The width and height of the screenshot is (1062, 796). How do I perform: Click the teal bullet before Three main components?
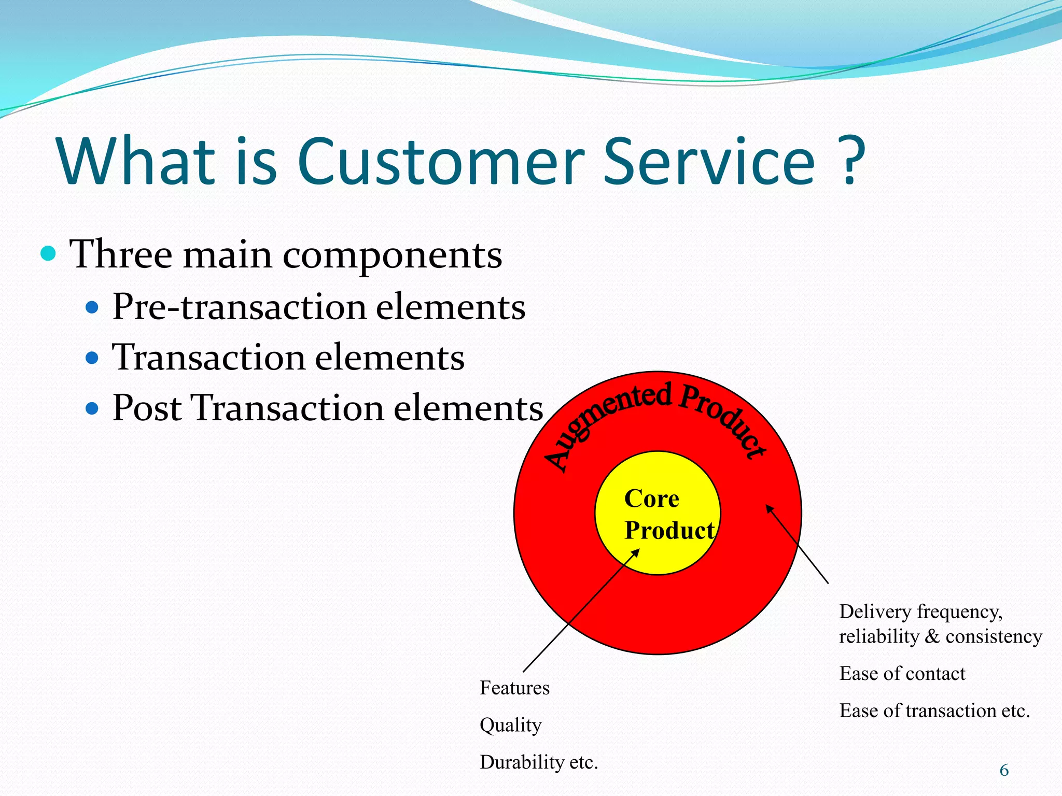(48, 253)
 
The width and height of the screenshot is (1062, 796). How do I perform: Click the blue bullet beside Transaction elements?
(92, 358)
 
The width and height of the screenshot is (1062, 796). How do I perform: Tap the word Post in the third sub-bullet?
(147, 408)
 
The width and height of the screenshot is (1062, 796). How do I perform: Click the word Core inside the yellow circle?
(651, 499)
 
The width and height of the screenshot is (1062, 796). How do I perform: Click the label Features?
(514, 688)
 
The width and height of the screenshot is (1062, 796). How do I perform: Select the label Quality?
(510, 725)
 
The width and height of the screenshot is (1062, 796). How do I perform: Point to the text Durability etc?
(539, 762)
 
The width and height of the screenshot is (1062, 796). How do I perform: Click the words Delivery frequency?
(920, 612)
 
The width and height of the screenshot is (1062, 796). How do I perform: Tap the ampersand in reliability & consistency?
(932, 637)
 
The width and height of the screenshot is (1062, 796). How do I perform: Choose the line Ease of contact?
(902, 674)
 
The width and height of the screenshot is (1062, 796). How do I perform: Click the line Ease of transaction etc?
(934, 710)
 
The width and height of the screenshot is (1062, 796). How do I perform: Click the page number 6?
(1004, 771)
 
